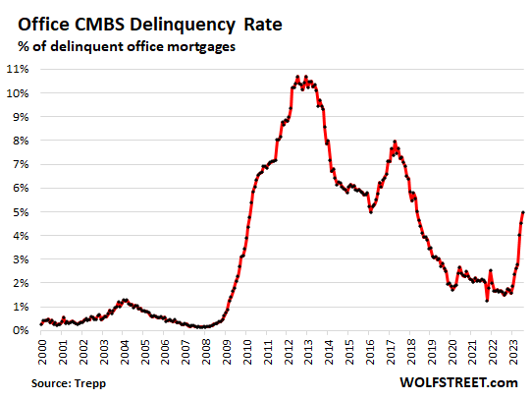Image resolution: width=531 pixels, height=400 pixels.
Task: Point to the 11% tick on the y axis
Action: [19, 69]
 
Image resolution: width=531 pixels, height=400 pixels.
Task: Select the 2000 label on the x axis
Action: [42, 351]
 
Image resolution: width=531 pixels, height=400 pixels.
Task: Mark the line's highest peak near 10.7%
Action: [298, 76]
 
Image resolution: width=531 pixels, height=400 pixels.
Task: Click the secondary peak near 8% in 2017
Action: [395, 142]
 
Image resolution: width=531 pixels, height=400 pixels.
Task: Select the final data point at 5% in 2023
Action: [523, 212]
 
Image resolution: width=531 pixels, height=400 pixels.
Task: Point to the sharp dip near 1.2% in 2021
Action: [487, 301]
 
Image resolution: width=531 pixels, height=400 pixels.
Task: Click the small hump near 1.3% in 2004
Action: [124, 299]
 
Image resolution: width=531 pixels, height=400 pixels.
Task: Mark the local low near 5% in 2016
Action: [370, 210]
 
